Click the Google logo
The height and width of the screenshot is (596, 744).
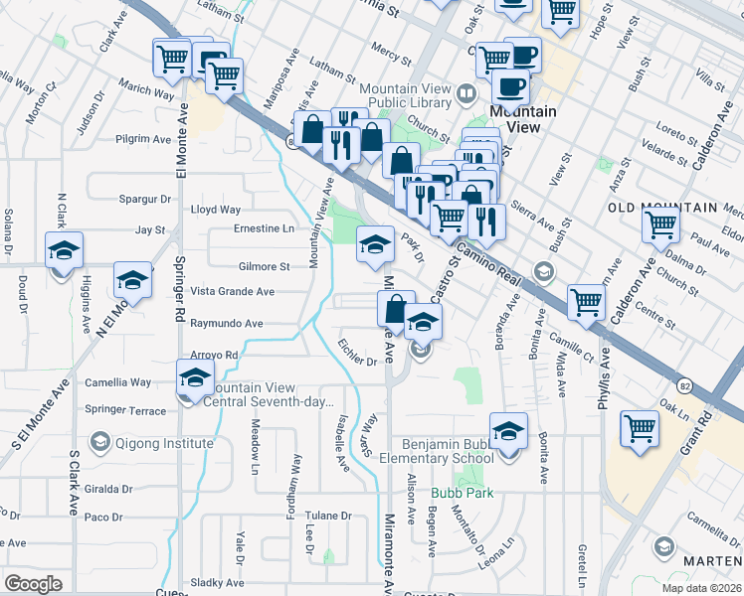[x=33, y=583]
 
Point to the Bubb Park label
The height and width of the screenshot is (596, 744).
[x=455, y=493]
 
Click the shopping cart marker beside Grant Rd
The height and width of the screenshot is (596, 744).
[x=640, y=430]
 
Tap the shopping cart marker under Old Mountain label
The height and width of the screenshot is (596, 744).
[x=660, y=226]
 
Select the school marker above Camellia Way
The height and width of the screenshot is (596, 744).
[x=195, y=376]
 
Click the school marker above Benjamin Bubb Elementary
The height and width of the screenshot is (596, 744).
[x=508, y=431]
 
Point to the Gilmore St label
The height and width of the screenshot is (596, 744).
[x=264, y=267]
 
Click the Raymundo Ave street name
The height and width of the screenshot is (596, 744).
[x=226, y=324]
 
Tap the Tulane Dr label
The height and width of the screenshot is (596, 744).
[x=328, y=517]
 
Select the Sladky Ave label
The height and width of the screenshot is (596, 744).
[x=219, y=583]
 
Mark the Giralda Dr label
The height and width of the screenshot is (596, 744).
[x=108, y=489]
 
